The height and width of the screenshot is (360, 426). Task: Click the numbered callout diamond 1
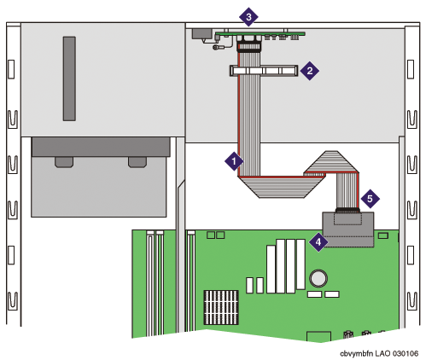click(x=234, y=161)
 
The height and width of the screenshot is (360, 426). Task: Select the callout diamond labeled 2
click(x=310, y=71)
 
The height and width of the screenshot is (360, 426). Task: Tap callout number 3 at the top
click(x=248, y=17)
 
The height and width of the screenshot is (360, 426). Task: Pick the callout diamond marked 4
click(x=318, y=242)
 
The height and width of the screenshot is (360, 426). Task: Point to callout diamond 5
click(x=370, y=199)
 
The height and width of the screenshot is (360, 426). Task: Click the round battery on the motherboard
click(x=318, y=278)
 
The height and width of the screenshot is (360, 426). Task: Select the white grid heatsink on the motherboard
click(x=221, y=307)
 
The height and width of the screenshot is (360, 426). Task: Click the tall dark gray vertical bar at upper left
click(x=69, y=78)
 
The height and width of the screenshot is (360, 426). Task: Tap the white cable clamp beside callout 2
click(x=264, y=71)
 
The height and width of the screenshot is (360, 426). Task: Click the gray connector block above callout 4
click(x=347, y=229)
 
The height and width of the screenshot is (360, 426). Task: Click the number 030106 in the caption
click(x=406, y=353)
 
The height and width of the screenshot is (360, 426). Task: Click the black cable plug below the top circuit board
click(x=248, y=47)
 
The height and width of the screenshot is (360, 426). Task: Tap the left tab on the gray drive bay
click(x=64, y=162)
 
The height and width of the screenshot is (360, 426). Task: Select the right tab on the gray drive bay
click(x=137, y=162)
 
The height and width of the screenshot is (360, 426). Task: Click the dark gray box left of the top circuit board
click(x=202, y=33)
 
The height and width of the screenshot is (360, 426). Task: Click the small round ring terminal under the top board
click(x=216, y=47)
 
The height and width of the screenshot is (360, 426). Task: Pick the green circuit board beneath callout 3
click(x=260, y=34)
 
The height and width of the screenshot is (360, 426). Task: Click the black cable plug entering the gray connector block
click(x=347, y=211)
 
